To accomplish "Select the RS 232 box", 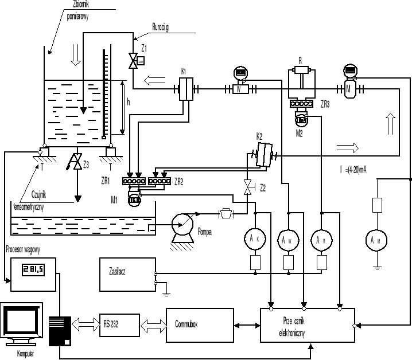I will point(119,323).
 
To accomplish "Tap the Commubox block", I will point(200,324).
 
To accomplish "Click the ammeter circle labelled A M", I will point(376,241).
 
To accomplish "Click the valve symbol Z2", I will point(248,187).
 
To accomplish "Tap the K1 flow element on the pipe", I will point(185,89).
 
